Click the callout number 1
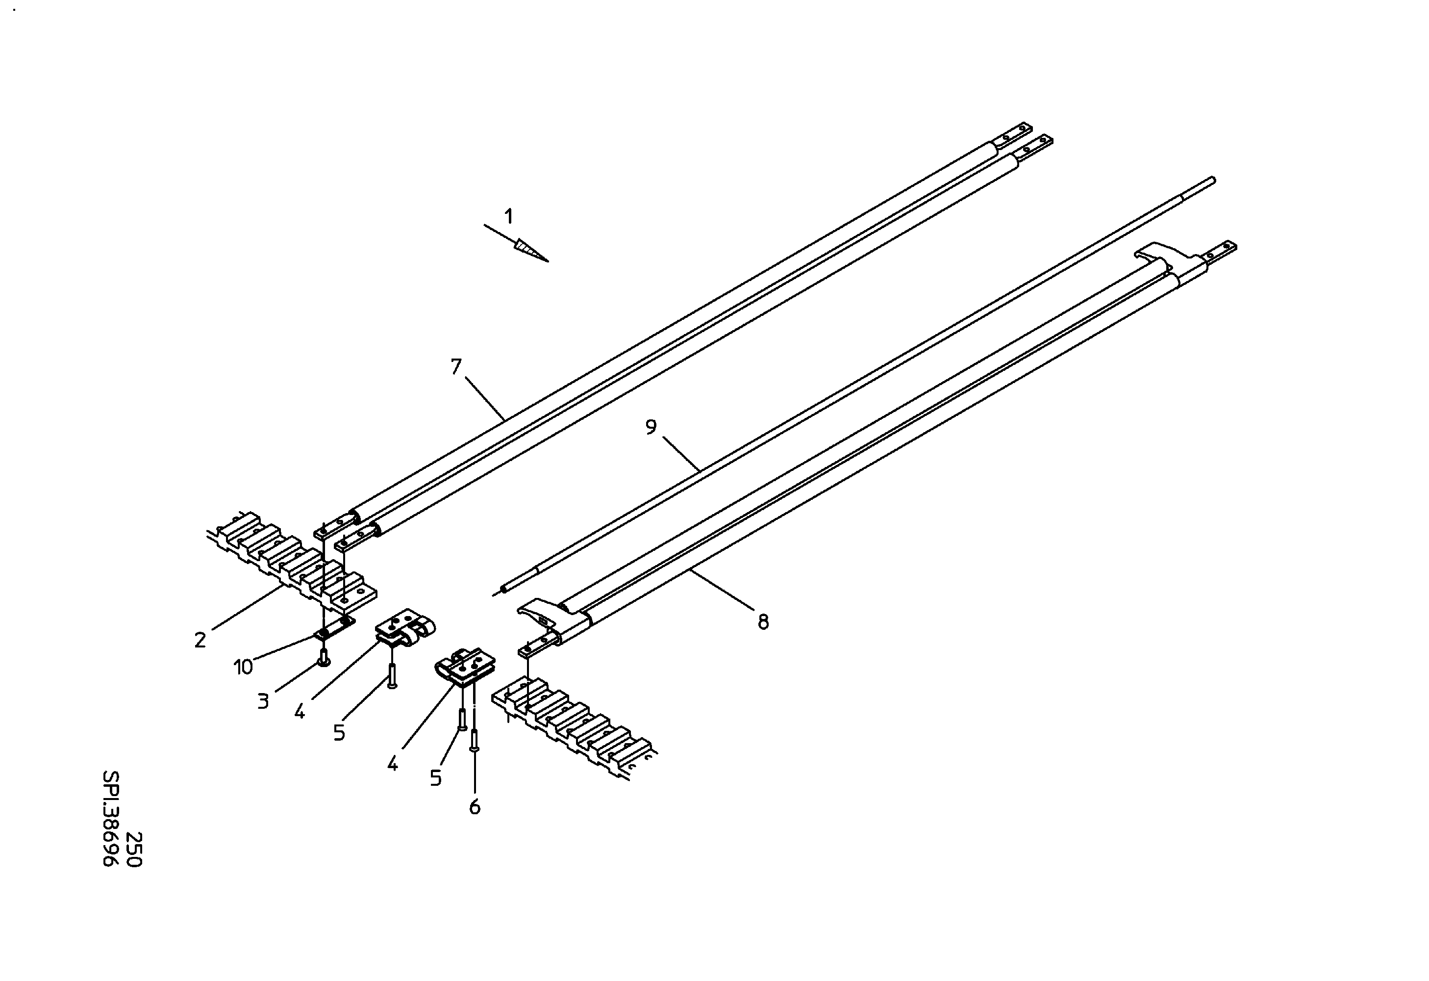pyautogui.click(x=508, y=216)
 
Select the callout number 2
pyautogui.click(x=200, y=640)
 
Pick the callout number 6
pyautogui.click(x=475, y=807)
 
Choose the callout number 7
pyautogui.click(x=455, y=366)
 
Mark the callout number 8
pyautogui.click(x=763, y=622)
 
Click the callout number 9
pyautogui.click(x=651, y=427)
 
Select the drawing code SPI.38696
pyautogui.click(x=111, y=819)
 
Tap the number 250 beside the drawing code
pyautogui.click(x=134, y=850)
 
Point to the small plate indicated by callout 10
pyautogui.click(x=335, y=627)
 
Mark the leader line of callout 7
pyautogui.click(x=485, y=399)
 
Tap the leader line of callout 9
pyautogui.click(x=681, y=454)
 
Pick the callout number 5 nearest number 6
pyautogui.click(x=435, y=778)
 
